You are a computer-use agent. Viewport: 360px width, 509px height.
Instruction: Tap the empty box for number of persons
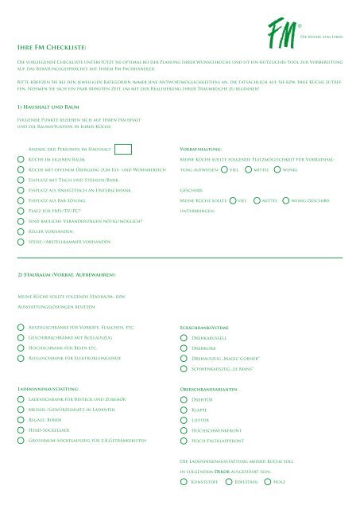coord(123,149)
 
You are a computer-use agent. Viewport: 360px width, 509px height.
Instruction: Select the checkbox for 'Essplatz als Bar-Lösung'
coord(21,202)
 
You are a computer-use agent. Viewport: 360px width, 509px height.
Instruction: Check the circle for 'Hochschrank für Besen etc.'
coord(21,348)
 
